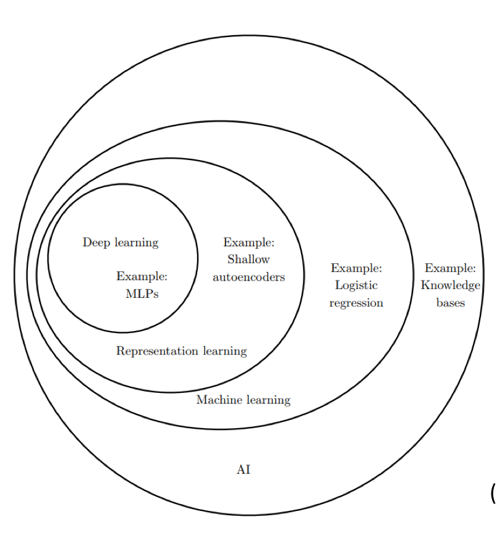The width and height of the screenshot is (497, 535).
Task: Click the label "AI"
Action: click(244, 470)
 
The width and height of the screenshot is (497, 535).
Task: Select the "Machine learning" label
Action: click(243, 400)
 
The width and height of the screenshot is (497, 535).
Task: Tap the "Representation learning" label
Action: click(181, 351)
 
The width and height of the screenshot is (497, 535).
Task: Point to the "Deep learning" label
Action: click(121, 242)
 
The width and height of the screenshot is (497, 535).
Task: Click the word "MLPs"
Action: click(142, 294)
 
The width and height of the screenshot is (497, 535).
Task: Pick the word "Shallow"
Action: click(248, 259)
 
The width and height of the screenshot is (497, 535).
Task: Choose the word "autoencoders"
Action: click(248, 277)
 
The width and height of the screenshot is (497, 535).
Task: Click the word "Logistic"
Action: click(356, 285)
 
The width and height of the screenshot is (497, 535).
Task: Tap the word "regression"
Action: click(356, 303)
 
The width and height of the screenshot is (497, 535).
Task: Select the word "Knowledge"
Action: click(451, 285)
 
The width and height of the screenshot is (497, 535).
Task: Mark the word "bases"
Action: click(450, 303)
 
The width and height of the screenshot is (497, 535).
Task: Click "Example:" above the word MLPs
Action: click(142, 276)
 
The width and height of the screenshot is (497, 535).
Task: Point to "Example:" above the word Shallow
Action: click(248, 242)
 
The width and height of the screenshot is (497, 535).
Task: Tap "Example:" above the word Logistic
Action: click(356, 268)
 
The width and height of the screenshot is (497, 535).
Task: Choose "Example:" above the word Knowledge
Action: click(450, 268)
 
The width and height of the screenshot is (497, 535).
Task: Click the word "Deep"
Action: click(96, 242)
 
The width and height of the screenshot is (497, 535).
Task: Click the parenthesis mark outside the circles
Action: click(493, 493)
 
